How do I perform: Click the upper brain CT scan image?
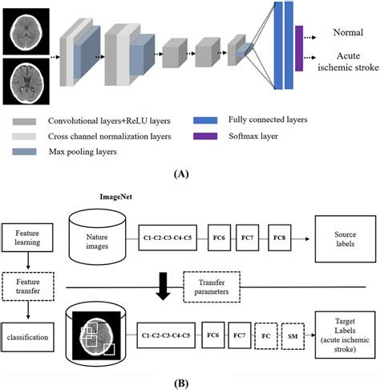click(x=22, y=30)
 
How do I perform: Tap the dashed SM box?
click(x=293, y=331)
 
